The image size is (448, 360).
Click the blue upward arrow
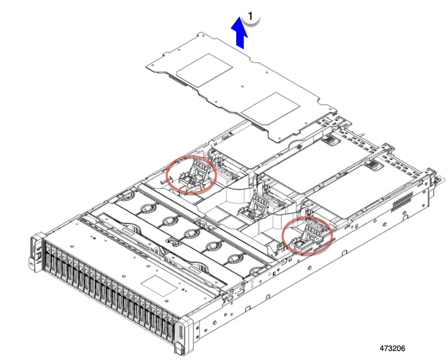tap(240, 33)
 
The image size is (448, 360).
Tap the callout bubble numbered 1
tap(253, 15)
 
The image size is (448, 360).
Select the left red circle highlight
tap(191, 174)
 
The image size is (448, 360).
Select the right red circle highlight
tap(308, 234)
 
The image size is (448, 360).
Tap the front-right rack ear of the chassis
tap(182, 334)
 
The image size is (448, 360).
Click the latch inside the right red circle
tap(308, 234)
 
